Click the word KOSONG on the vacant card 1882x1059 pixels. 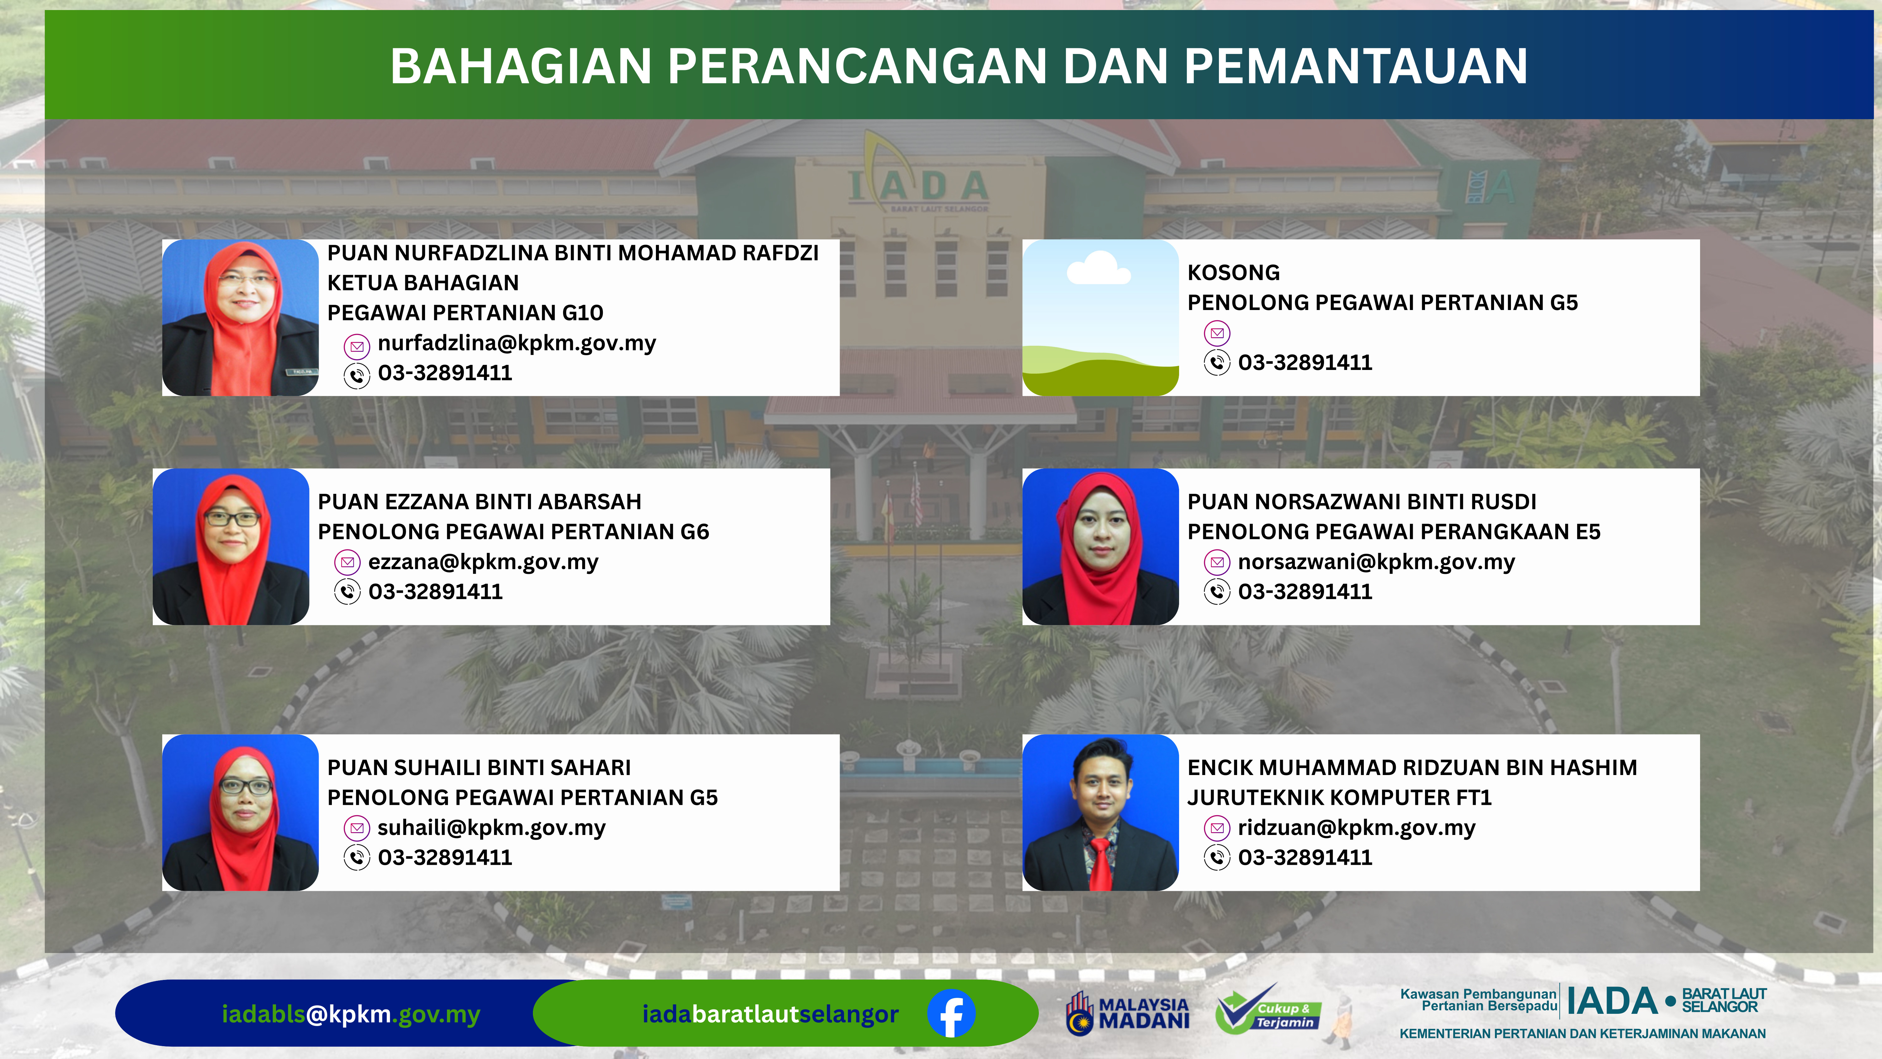point(1233,273)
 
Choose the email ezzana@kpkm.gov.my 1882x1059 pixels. point(483,562)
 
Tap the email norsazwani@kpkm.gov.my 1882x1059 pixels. point(1376,562)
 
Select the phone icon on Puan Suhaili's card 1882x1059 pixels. point(357,857)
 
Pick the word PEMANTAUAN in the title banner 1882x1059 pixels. point(1355,66)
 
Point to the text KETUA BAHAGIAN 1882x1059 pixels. point(423,283)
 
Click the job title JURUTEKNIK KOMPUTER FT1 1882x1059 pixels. point(1339,797)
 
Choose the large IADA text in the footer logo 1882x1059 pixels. point(1612,1001)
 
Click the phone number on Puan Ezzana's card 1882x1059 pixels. point(435,592)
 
